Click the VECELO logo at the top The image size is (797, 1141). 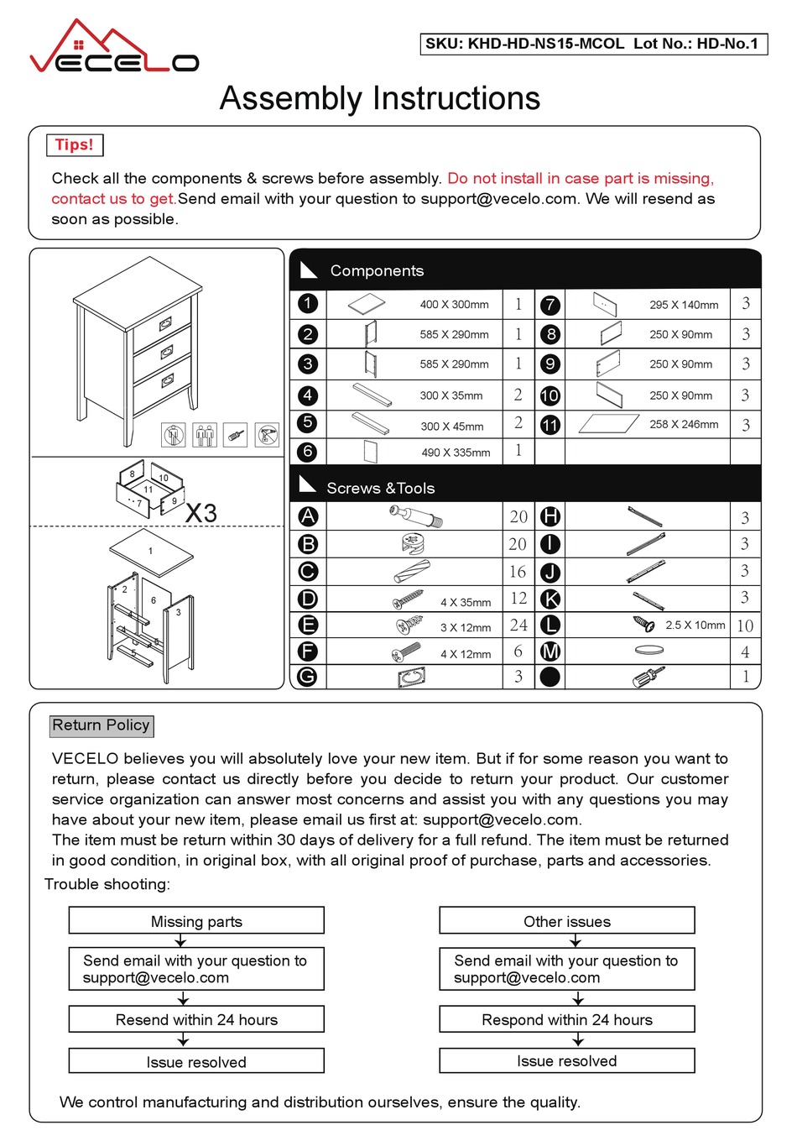(114, 49)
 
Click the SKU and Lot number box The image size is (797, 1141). (592, 44)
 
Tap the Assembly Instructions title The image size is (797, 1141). (379, 98)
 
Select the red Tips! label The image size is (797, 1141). (74, 144)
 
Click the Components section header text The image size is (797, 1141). (377, 270)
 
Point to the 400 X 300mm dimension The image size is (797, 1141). (454, 305)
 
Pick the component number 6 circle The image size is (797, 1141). (308, 452)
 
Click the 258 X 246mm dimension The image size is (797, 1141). (684, 424)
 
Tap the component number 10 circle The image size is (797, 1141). (550, 395)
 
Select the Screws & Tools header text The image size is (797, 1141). (380, 488)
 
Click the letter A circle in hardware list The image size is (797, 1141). (308, 516)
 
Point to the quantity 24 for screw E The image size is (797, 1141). (518, 625)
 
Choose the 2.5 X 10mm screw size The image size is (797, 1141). (695, 625)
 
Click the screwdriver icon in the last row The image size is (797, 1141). (649, 677)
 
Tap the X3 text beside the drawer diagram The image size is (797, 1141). (201, 512)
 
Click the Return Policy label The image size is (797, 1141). (101, 725)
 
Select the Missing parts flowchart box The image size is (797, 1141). (196, 921)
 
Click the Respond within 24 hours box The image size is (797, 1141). (566, 1019)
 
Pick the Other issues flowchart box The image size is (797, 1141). (566, 921)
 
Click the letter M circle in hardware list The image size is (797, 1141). (550, 652)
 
